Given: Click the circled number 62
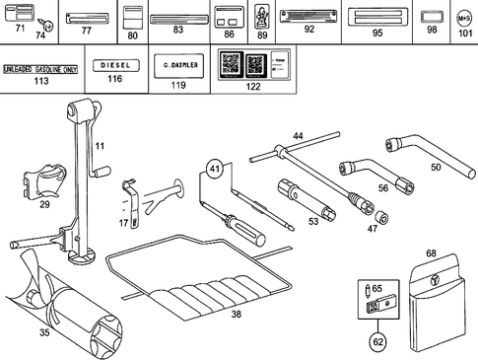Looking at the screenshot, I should click(377, 342).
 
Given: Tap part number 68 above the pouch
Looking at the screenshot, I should click(431, 254).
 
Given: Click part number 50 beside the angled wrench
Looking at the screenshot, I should click(436, 168).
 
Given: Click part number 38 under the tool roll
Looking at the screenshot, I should click(236, 316).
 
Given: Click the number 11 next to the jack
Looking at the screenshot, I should click(99, 147).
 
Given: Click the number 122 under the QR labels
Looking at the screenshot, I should click(253, 87).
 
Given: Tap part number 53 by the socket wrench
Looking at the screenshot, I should click(313, 222).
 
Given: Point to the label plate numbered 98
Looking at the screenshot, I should click(431, 17).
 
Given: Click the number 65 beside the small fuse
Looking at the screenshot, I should click(377, 288).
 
